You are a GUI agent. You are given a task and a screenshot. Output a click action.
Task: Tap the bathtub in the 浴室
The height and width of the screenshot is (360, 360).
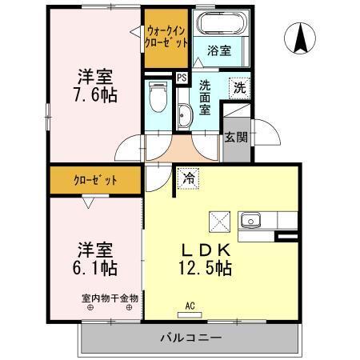[214, 26]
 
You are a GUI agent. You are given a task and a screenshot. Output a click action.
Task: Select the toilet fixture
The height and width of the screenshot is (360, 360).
[158, 99]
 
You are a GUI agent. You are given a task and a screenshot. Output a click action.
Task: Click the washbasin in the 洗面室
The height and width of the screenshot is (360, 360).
[185, 116]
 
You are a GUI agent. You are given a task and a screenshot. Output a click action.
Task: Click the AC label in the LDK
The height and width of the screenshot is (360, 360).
[190, 306]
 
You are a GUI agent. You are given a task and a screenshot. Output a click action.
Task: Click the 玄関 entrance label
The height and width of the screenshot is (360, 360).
[235, 137]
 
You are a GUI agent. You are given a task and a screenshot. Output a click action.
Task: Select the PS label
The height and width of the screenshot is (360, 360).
[182, 78]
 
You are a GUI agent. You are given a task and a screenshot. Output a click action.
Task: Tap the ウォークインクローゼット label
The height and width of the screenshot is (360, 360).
[167, 36]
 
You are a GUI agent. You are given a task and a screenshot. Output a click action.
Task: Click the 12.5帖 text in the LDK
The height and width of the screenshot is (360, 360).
[206, 266]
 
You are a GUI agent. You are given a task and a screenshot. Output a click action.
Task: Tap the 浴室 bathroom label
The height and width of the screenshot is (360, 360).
[220, 50]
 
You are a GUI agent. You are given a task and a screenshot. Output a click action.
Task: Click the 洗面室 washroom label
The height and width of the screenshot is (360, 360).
[206, 97]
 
